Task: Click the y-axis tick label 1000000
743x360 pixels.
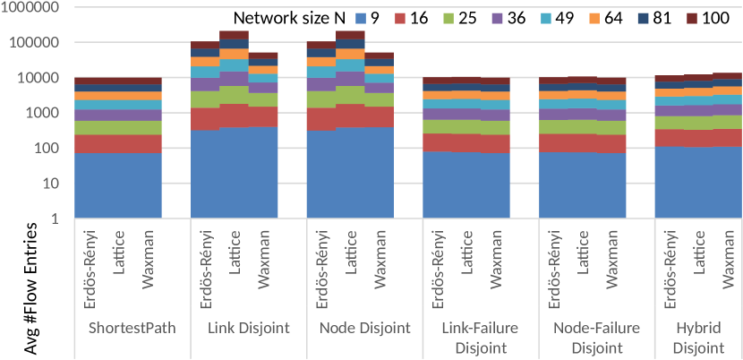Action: [x=30, y=8]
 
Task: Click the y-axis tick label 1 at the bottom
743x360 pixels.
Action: [x=56, y=219]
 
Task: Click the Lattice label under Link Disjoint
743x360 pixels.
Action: [x=235, y=258]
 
